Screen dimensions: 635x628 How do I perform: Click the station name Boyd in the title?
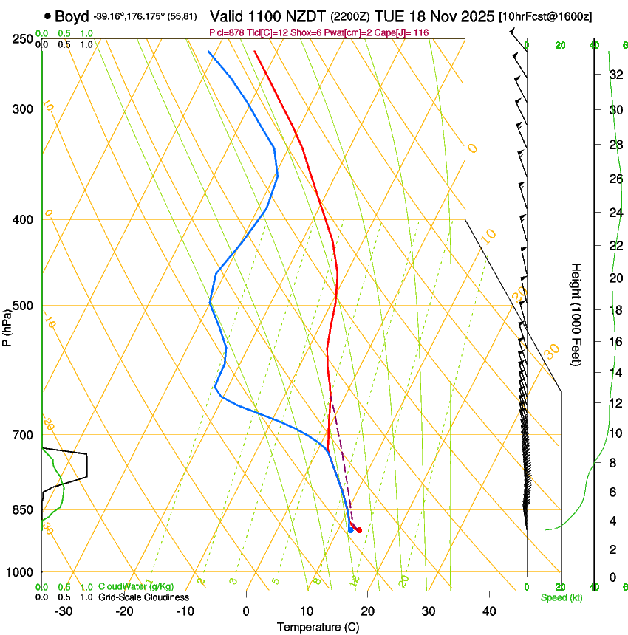[72, 16]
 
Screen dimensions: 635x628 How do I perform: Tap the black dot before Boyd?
[48, 16]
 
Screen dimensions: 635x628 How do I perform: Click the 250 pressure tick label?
[21, 39]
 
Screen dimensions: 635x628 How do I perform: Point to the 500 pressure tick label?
[21, 306]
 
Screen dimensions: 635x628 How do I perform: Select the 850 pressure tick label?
[21, 510]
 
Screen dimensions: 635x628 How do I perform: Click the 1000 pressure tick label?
[19, 572]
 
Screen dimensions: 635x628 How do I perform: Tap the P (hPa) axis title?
[7, 326]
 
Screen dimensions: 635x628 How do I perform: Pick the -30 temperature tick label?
[64, 611]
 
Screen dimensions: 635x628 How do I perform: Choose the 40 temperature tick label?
[488, 611]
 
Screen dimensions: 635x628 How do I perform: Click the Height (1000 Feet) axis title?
[576, 314]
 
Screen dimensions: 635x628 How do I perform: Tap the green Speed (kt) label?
[562, 597]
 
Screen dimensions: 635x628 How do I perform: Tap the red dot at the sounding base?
[359, 529]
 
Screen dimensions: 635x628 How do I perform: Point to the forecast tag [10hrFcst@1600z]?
[545, 16]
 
